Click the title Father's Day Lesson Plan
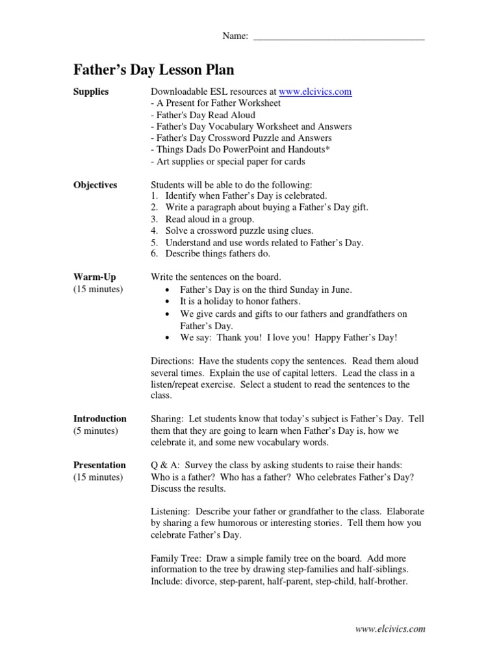[x=153, y=69]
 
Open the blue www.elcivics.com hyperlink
[x=315, y=92]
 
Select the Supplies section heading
[x=91, y=92]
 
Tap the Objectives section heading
[x=95, y=184]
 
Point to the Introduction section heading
[x=99, y=418]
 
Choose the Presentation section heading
[x=99, y=465]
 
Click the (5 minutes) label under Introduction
[x=96, y=430]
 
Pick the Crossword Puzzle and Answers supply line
[x=241, y=138]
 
